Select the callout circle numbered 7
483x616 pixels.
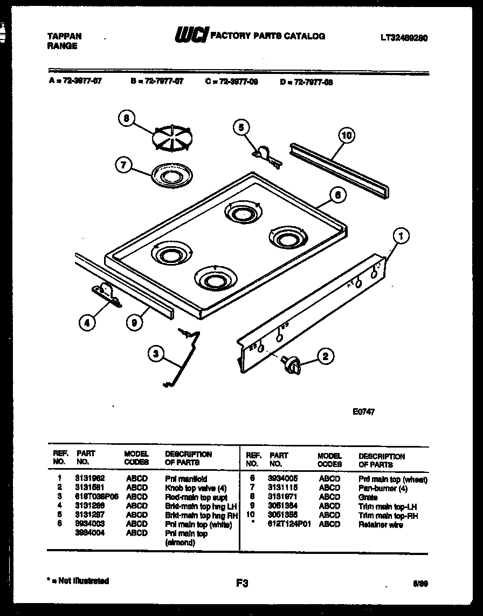pos(123,166)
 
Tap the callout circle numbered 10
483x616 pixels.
pos(347,136)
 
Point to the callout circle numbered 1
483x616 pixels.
pos(399,235)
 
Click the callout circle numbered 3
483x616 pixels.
pos(155,354)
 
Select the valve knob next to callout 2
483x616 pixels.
pos(292,365)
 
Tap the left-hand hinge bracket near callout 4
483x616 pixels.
pos(106,295)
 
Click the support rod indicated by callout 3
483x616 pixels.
pos(184,359)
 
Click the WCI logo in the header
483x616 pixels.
pos(191,36)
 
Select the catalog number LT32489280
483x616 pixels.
pos(404,38)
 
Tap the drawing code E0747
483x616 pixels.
pos(363,411)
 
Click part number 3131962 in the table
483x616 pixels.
pos(90,478)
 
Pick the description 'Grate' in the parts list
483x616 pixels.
pos(368,497)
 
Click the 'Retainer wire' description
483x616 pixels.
pos(380,525)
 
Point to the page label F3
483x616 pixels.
pos(241,583)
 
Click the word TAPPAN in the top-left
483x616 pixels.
pos(65,36)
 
